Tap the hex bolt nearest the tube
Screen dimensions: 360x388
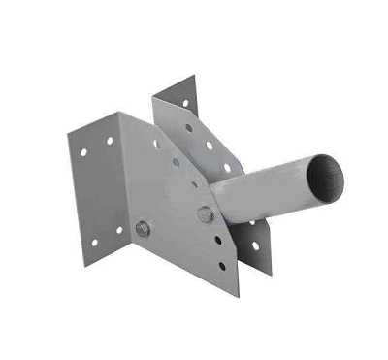click(x=206, y=214)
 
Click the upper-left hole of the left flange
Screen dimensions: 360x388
click(x=85, y=151)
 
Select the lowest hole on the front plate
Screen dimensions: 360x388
click(x=220, y=264)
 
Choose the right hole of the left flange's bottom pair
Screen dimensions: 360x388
click(x=118, y=230)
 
